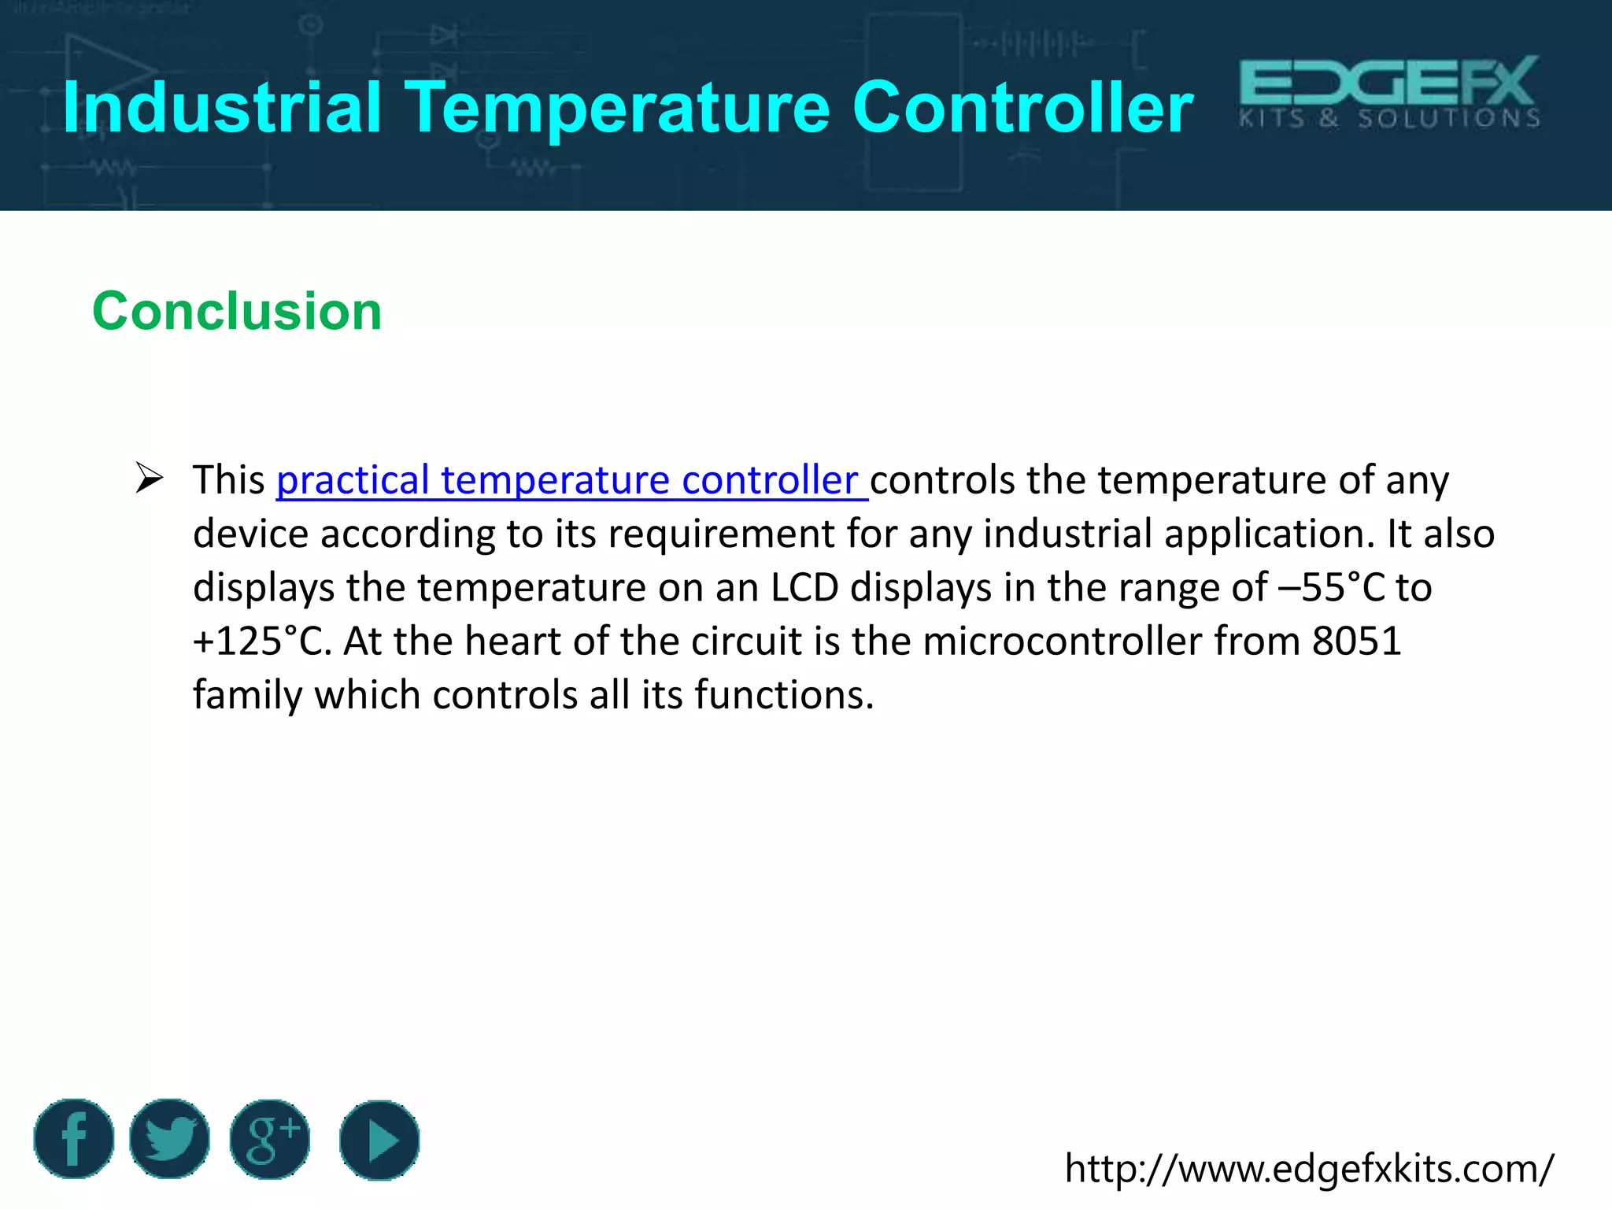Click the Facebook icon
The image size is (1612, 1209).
click(74, 1138)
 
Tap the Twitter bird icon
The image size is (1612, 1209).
click(170, 1138)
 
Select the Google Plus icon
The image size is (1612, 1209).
click(270, 1138)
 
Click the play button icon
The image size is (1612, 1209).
click(379, 1140)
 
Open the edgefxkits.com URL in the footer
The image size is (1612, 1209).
click(1309, 1168)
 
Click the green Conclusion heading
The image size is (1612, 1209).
click(237, 311)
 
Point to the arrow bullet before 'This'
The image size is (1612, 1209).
click(149, 478)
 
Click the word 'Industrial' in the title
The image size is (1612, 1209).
click(222, 108)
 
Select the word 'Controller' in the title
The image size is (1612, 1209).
click(1022, 108)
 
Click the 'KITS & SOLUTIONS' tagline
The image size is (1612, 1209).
click(1389, 119)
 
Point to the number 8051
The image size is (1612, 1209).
click(1356, 641)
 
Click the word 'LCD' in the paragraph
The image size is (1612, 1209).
click(804, 587)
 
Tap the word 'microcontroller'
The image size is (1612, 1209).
click(1063, 641)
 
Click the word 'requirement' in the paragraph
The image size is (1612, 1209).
click(721, 534)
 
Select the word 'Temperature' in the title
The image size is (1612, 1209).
click(617, 108)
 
